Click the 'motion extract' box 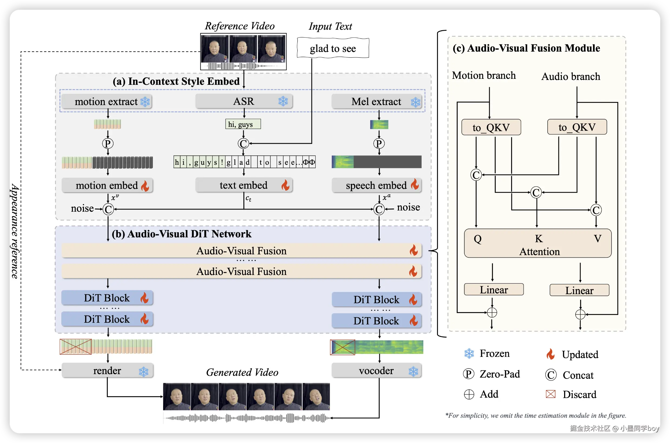click(106, 101)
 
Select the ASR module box click(244, 101)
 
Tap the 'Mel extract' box click(376, 101)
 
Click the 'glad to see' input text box click(333, 48)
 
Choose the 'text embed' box click(244, 185)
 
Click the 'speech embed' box click(376, 185)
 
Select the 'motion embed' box click(107, 185)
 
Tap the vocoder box click(376, 370)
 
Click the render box click(107, 370)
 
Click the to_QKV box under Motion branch click(491, 127)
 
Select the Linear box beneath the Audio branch click(579, 290)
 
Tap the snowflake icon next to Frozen click(469, 353)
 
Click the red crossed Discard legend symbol click(551, 394)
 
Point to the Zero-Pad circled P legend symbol click(468, 374)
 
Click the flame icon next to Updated click(550, 354)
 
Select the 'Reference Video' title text click(240, 26)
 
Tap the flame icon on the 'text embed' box click(285, 185)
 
